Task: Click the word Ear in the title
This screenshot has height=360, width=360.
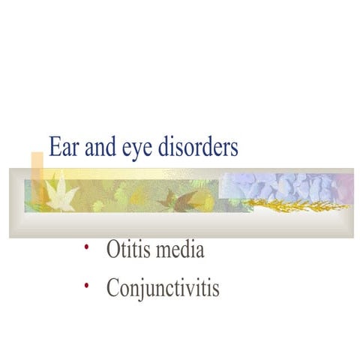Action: click(61, 147)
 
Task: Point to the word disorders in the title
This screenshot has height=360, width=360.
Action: click(198, 147)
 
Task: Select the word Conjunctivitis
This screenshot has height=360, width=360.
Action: click(163, 287)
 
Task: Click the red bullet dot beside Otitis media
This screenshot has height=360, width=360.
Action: click(87, 247)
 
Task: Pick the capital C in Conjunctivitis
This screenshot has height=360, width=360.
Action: click(113, 287)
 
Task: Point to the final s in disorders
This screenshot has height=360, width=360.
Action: click(234, 148)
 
